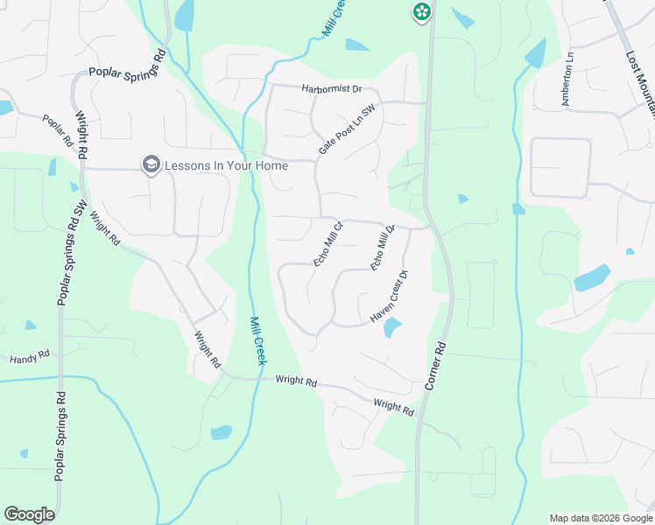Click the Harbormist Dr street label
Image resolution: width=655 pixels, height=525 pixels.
[x=331, y=89]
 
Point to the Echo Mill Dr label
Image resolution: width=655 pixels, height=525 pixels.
[x=384, y=248]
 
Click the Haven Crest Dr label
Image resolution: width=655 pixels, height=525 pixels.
[x=391, y=297]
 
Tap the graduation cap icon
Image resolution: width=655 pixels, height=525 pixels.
[x=151, y=164]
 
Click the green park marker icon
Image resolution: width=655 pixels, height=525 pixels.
[x=422, y=11]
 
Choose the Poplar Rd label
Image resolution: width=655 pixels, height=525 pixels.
[x=58, y=129]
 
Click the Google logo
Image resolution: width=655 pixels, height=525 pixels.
[x=29, y=514]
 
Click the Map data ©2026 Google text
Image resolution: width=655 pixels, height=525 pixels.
[x=600, y=518]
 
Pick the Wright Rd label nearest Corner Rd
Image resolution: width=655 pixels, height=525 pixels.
[x=393, y=406]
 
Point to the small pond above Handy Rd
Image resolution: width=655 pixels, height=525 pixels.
[x=31, y=325]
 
